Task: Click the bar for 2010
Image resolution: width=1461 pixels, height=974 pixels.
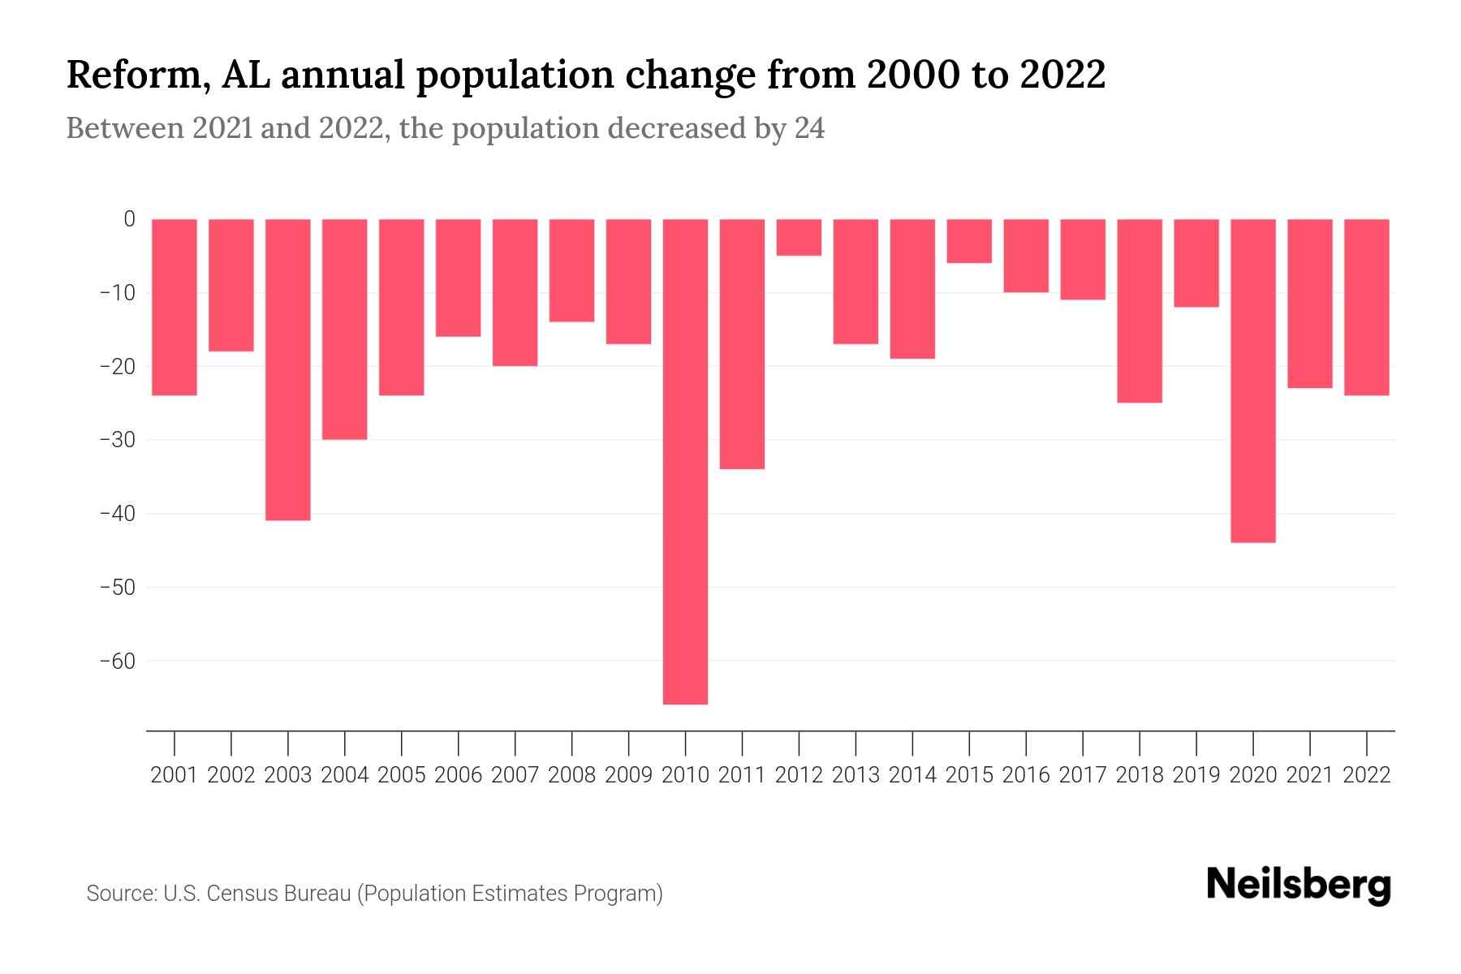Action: (x=685, y=461)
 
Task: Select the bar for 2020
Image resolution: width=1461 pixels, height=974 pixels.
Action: (x=1253, y=380)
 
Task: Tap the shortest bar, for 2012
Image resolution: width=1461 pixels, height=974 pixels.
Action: (x=799, y=237)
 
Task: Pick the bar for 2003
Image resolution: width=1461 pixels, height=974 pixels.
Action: (x=288, y=369)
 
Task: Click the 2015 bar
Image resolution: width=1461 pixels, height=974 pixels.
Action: (x=969, y=241)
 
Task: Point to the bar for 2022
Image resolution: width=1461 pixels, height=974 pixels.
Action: (x=1367, y=307)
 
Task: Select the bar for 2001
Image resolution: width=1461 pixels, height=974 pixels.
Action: (x=175, y=307)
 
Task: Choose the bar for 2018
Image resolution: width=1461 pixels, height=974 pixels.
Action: (x=1140, y=311)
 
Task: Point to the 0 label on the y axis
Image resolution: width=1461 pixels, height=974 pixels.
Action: (x=129, y=219)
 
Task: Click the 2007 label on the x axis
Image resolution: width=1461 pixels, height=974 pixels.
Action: (x=515, y=775)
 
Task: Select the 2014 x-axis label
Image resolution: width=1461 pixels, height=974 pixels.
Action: (x=912, y=775)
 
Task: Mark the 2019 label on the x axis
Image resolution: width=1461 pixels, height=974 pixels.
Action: (x=1196, y=775)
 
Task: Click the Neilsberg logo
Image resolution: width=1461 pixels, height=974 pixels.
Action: (x=1299, y=886)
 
